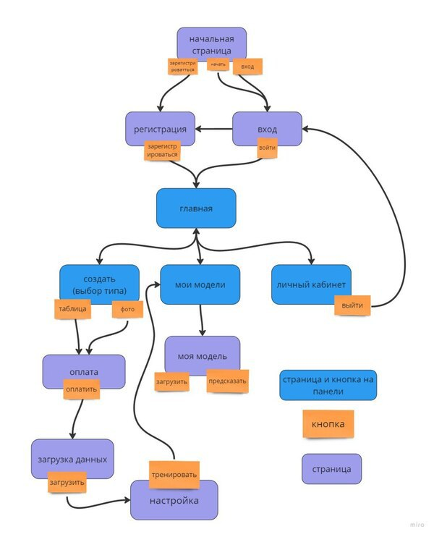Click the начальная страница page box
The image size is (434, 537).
click(211, 42)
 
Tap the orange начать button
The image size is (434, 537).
click(218, 65)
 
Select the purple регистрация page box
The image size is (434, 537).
click(160, 128)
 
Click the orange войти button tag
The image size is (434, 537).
click(267, 148)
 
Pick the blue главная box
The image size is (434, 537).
click(196, 208)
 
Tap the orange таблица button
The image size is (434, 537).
click(72, 309)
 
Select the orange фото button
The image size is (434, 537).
click(127, 310)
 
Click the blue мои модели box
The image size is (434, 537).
click(200, 284)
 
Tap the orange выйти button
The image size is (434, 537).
click(352, 305)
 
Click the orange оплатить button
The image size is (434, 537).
click(81, 389)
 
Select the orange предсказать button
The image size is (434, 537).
click(228, 381)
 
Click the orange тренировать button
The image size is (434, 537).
click(174, 475)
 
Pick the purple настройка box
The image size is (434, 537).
click(174, 501)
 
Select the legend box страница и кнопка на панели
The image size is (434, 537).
click(328, 385)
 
